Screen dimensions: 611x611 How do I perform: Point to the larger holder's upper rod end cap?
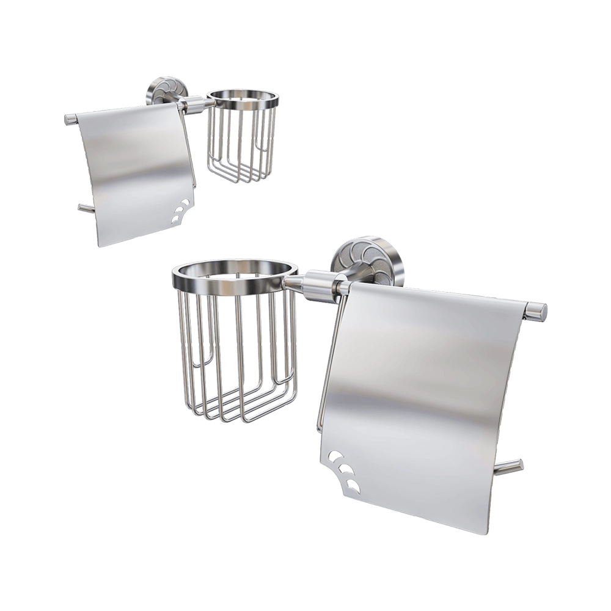coord(538,310)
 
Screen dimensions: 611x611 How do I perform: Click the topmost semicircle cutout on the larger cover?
coord(335,456)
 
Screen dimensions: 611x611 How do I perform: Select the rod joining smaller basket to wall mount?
coord(194,108)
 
